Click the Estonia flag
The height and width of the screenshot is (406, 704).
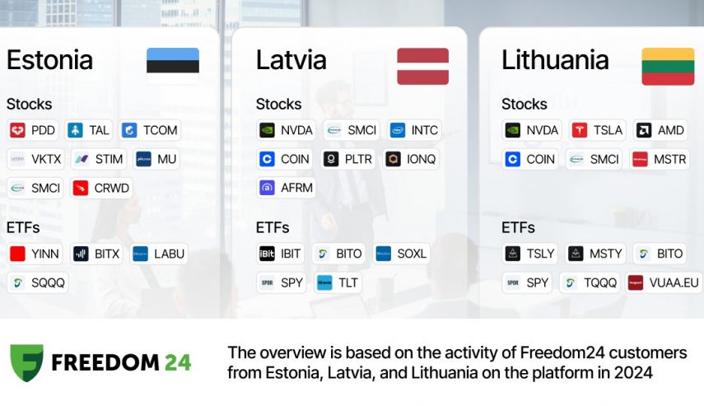point(173,66)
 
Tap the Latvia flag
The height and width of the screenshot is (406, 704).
point(422,66)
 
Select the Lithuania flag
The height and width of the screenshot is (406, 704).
point(668,66)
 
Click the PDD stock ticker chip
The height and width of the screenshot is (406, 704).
point(33,130)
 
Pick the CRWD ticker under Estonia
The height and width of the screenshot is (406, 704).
point(101,188)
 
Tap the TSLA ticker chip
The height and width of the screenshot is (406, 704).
point(598,130)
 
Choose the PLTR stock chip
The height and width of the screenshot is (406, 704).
point(348,159)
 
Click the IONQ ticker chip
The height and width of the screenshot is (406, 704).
point(411,159)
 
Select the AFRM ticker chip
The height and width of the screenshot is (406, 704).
point(287,188)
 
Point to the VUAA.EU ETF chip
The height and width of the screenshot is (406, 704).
point(664,282)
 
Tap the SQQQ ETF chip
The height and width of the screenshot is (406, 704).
point(38,282)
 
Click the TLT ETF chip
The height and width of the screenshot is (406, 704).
point(338,282)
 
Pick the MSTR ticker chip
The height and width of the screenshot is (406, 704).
point(659,159)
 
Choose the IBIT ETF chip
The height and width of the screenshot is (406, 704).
point(280,254)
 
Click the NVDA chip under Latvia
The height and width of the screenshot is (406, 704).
point(287,130)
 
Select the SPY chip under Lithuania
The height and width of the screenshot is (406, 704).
point(527,282)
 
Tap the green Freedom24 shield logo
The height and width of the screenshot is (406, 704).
point(27,363)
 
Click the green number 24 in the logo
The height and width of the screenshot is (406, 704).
point(178,363)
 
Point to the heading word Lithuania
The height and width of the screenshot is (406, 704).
point(555,60)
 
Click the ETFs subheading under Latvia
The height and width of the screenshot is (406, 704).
point(273,227)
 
